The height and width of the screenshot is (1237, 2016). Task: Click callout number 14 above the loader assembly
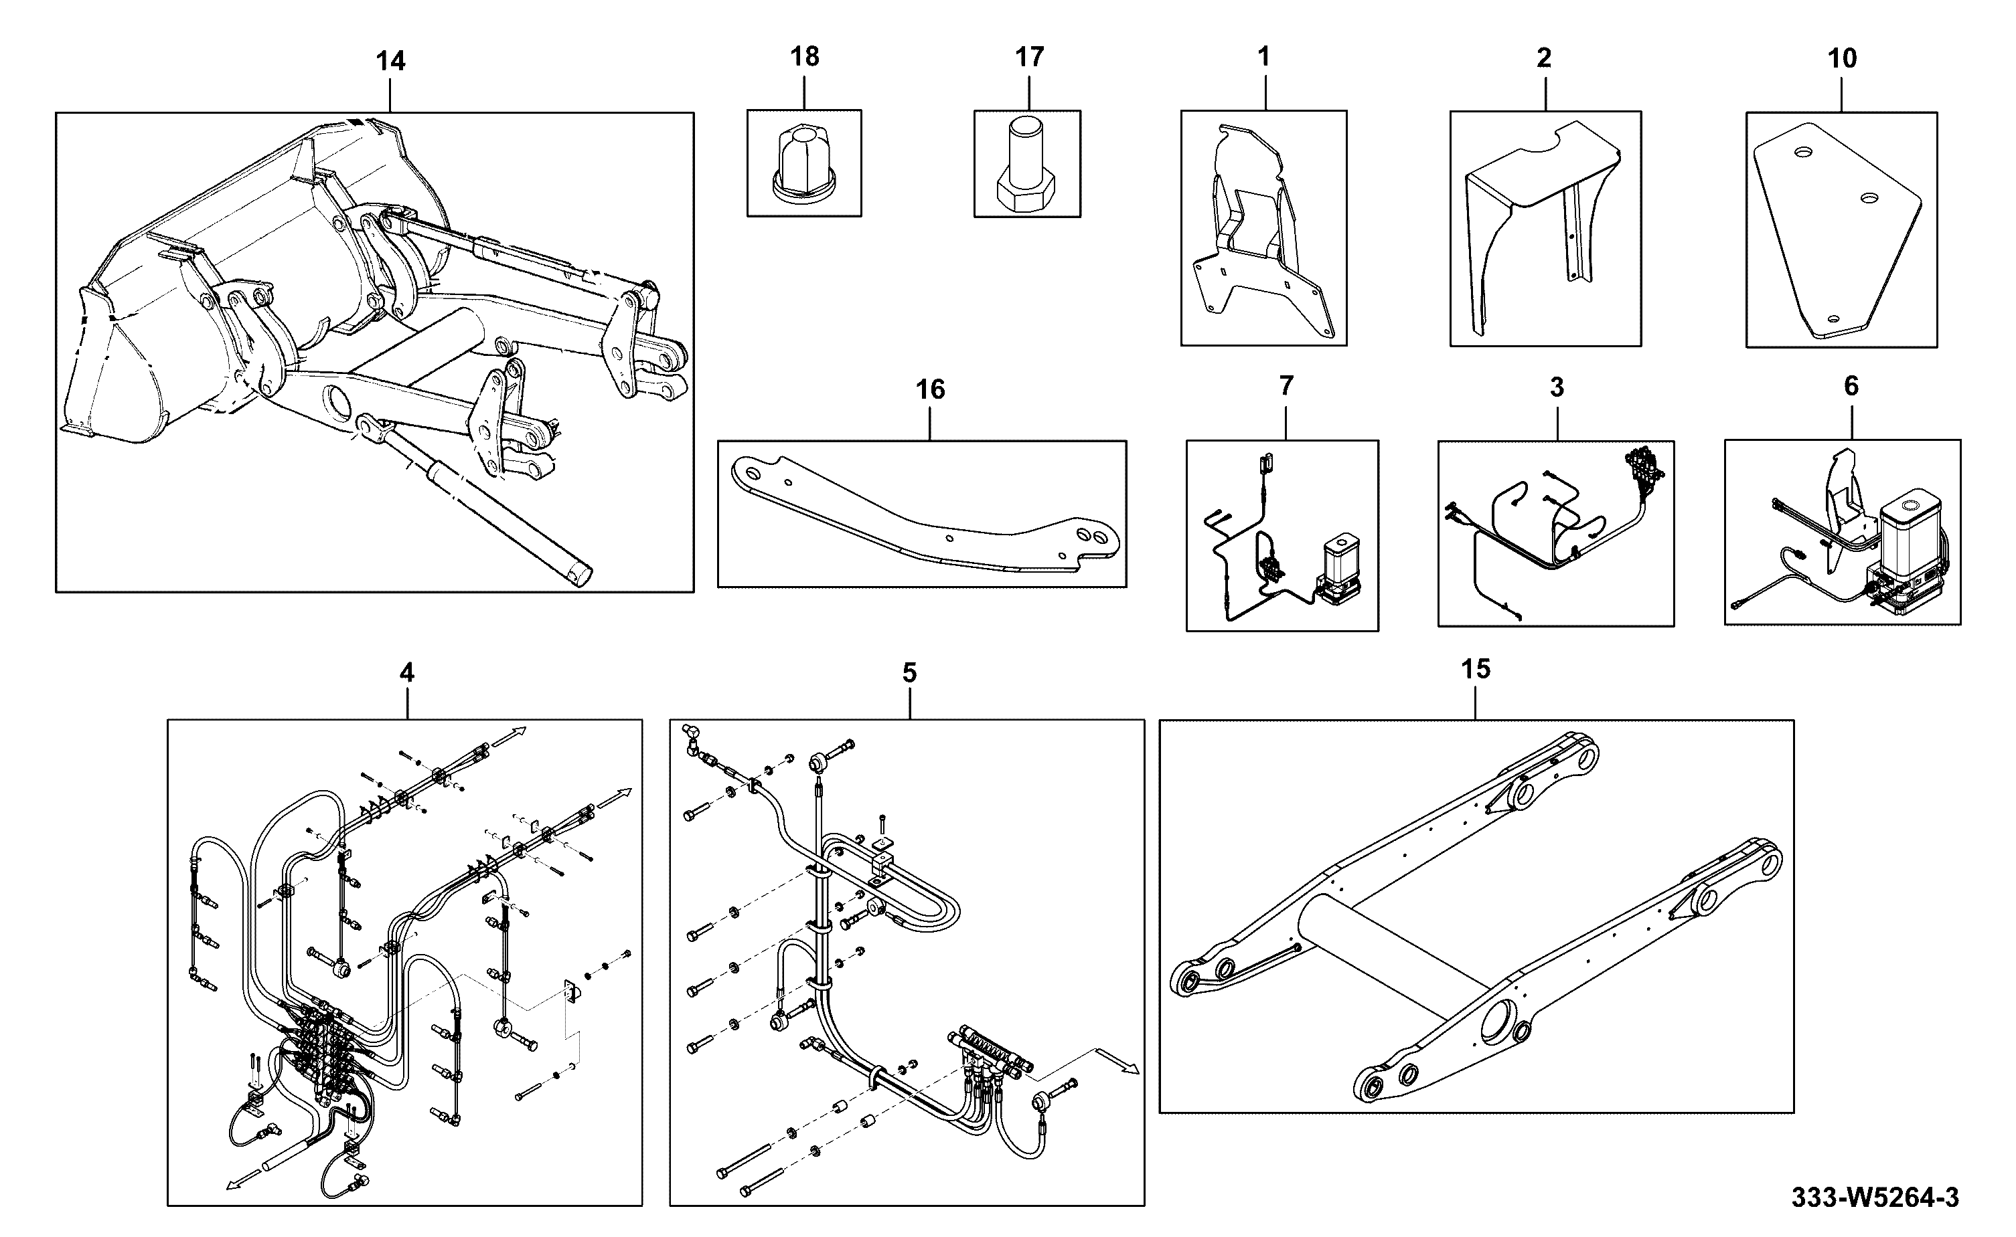390,62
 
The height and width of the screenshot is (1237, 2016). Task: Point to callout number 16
930,389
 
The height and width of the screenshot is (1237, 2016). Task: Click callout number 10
1842,58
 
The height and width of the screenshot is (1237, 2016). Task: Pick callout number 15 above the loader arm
1476,669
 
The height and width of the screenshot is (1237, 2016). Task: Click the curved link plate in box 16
925,515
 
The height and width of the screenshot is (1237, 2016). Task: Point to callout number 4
407,672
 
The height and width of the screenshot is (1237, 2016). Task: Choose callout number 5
909,672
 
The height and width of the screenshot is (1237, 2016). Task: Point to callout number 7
1286,385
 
